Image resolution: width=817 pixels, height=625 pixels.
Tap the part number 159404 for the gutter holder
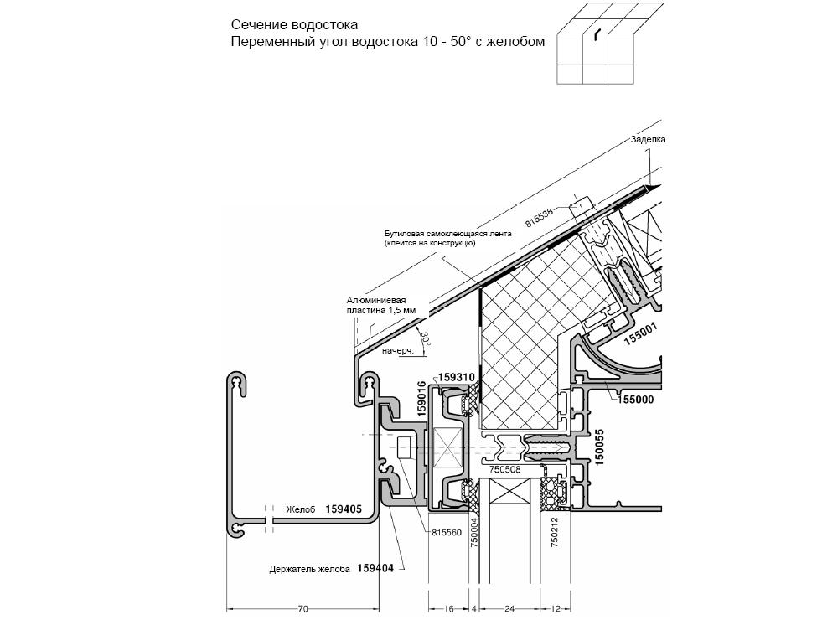click(375, 568)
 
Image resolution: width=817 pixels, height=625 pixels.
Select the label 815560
click(447, 532)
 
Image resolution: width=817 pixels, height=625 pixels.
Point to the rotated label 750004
click(474, 532)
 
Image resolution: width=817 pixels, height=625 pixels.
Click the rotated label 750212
click(555, 532)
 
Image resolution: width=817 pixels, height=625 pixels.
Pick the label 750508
click(505, 469)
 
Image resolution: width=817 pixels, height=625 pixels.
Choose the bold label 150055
click(599, 447)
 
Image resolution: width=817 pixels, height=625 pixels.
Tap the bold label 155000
click(636, 400)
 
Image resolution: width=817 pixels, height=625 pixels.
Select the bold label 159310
click(457, 377)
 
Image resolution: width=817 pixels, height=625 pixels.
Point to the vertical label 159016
click(421, 399)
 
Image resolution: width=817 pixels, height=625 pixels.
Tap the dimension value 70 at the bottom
click(302, 608)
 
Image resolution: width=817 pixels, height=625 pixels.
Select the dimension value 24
click(509, 608)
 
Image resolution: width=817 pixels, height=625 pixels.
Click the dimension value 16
click(448, 608)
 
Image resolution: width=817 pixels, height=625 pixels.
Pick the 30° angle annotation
click(427, 338)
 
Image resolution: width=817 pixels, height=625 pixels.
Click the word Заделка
click(649, 140)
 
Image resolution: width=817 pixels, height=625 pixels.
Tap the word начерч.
click(398, 351)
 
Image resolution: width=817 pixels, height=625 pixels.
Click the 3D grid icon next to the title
click(610, 44)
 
